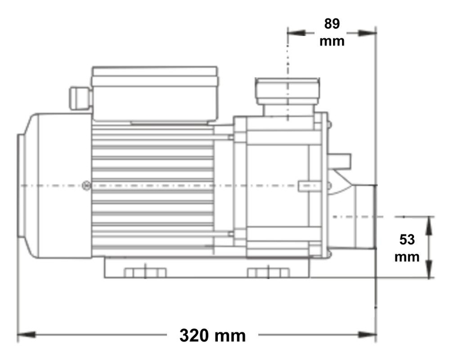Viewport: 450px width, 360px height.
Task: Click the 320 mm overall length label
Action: coord(212,335)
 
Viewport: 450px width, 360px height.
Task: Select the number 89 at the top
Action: coord(332,24)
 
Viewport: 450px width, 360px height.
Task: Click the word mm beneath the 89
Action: coord(332,41)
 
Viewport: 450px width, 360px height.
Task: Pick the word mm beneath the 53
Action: coord(408,257)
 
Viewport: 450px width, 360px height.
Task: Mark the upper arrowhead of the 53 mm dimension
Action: coord(430,221)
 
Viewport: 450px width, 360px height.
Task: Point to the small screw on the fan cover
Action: coord(88,187)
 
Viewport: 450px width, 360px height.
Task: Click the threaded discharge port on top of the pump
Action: coord(287,91)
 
